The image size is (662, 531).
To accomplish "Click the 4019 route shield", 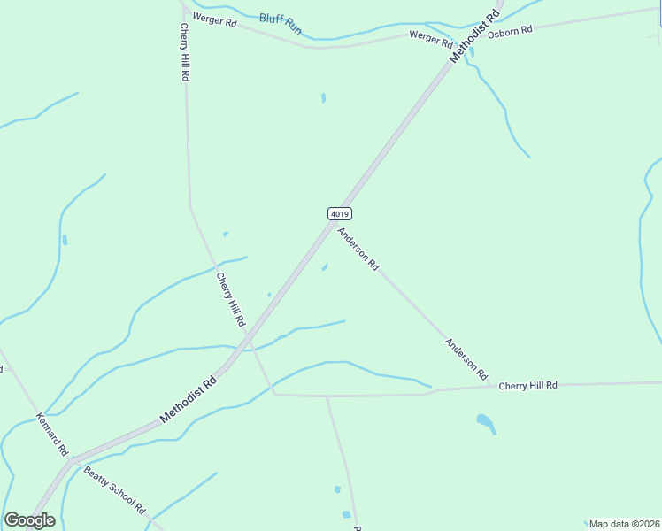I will point(340,213).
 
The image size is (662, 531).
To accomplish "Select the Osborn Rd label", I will point(510,32).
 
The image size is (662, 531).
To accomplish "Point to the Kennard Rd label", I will point(52,433).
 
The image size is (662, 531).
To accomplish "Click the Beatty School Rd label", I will point(114,490).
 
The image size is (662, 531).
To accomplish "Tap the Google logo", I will point(29,520).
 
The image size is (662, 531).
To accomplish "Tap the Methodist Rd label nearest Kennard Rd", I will point(189,400).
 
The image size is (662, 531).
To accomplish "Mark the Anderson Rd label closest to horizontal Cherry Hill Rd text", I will point(466,359).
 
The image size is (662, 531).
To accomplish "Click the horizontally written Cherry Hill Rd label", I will point(527,386).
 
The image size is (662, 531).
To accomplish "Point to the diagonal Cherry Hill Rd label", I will point(230,297).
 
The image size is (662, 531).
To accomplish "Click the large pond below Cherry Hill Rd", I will point(485,422).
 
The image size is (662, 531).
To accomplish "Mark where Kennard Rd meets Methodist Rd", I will point(75,461).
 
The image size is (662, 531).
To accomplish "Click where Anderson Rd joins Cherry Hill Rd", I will point(489,386).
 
